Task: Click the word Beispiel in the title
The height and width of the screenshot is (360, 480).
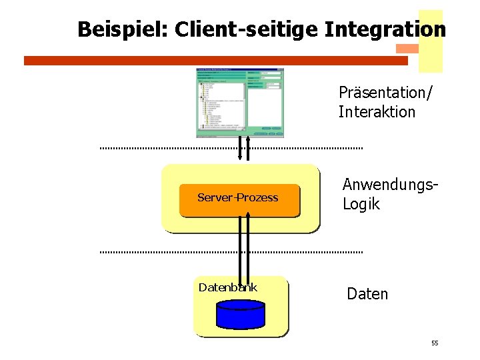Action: (x=121, y=30)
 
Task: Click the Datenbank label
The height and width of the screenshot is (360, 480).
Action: (x=227, y=287)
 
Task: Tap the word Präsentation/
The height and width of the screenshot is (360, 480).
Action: (x=385, y=92)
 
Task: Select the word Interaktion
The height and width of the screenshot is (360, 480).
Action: (x=377, y=112)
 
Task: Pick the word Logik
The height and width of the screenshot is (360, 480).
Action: (x=361, y=204)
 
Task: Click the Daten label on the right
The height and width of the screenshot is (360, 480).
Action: (x=367, y=294)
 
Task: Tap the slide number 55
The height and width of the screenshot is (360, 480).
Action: (x=435, y=343)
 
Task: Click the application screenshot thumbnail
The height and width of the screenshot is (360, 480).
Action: (x=240, y=103)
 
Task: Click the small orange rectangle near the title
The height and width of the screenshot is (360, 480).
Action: (x=407, y=49)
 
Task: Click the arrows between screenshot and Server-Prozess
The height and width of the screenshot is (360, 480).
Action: (x=243, y=149)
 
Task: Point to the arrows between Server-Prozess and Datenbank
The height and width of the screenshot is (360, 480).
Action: (x=243, y=247)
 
